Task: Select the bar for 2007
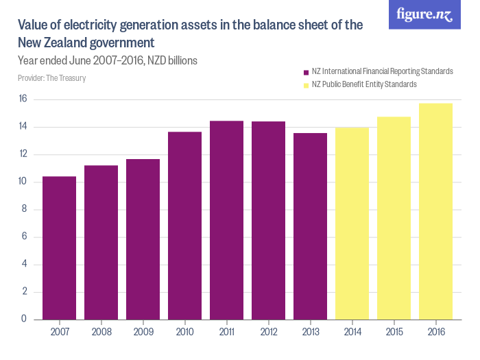tap(59, 248)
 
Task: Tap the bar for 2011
tap(226, 219)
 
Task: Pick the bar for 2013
tap(310, 226)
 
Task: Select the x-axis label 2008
tap(101, 332)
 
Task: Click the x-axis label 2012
tap(268, 332)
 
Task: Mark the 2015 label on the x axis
tap(394, 332)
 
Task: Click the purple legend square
tap(305, 72)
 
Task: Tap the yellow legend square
tap(305, 85)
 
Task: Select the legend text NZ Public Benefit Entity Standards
tap(364, 85)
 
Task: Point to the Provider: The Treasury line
tap(51, 78)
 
